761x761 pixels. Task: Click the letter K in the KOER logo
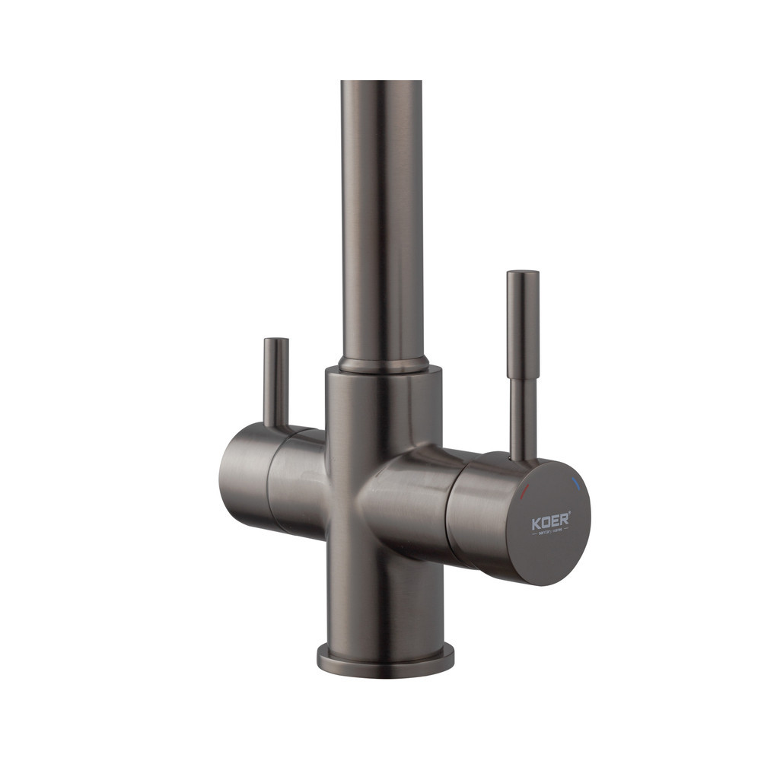(536, 524)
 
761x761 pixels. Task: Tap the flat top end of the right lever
(523, 272)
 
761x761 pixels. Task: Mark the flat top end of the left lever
(275, 340)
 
